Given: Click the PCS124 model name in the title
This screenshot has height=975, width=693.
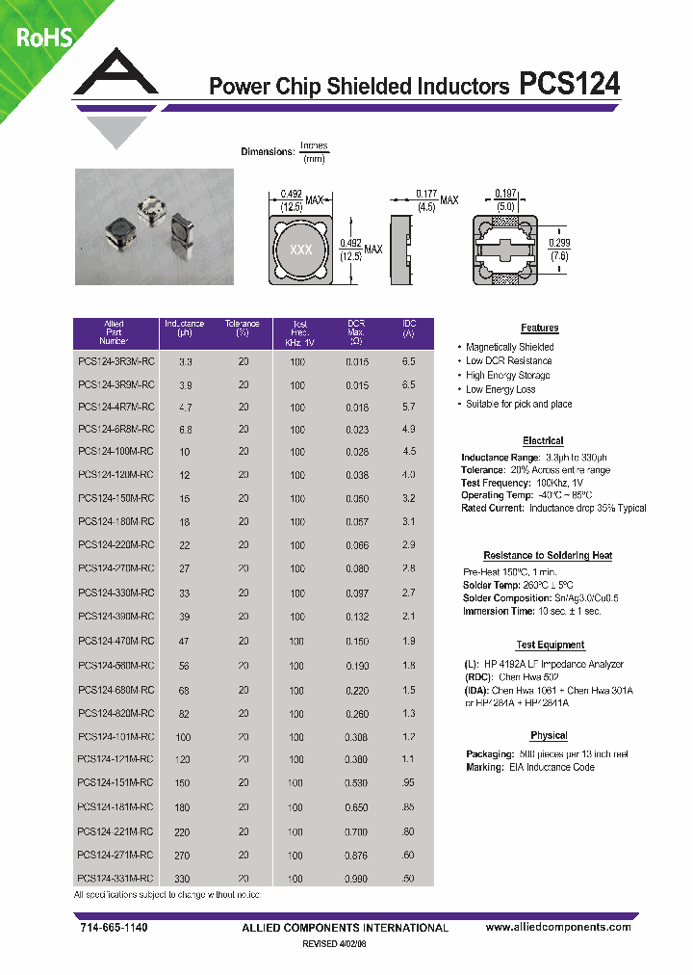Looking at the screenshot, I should (569, 85).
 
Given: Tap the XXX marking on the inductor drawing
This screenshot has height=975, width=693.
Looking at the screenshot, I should (301, 249).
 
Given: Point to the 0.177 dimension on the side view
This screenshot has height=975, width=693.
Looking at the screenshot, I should (426, 194).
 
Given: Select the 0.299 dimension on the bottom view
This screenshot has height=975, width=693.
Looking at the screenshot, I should (557, 243).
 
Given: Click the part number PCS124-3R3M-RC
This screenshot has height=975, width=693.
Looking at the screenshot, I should (115, 361).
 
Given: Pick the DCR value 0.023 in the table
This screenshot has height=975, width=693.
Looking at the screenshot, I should (357, 429).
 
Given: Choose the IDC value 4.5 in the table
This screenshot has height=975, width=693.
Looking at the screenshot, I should (408, 451).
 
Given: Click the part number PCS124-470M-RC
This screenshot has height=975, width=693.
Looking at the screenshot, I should (115, 641).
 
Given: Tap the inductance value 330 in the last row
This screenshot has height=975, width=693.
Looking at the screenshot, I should (184, 879).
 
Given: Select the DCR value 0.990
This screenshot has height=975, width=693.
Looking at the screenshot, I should (357, 879).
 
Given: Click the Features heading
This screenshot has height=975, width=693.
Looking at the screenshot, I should (539, 329).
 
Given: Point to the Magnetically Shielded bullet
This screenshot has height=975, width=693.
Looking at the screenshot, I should (509, 347).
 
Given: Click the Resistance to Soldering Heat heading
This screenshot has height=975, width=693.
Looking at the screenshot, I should (547, 556).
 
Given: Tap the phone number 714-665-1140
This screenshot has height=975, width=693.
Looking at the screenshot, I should (111, 927).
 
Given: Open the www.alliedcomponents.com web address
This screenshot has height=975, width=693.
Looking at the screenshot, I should (558, 927).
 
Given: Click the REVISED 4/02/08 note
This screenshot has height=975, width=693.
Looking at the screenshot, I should (334, 944).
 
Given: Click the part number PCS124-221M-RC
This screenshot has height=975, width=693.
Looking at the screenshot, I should (115, 831).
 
